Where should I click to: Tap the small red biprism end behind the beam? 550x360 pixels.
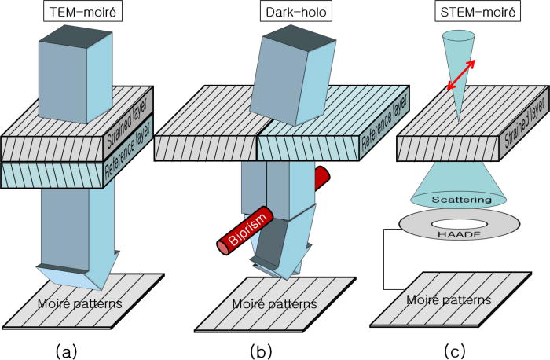321,178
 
